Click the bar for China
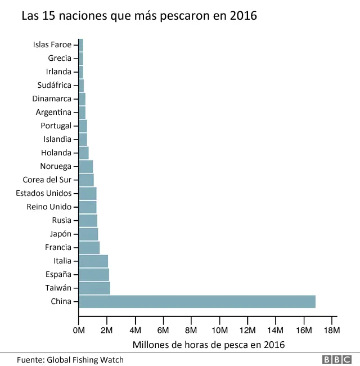tap(197, 301)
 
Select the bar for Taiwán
tap(94, 288)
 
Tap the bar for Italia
tap(93, 261)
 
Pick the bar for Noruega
tap(85, 166)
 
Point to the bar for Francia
tap(89, 247)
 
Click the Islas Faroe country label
tap(52, 44)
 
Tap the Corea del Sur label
tap(47, 180)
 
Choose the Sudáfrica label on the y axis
tap(54, 85)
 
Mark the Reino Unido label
tap(49, 207)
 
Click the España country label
tap(58, 274)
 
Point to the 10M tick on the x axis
tap(219, 330)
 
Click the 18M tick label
tap(332, 330)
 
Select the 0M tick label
tap(79, 330)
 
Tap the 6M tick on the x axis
tap(163, 330)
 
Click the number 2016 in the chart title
tap(243, 16)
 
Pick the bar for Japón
tap(88, 234)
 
